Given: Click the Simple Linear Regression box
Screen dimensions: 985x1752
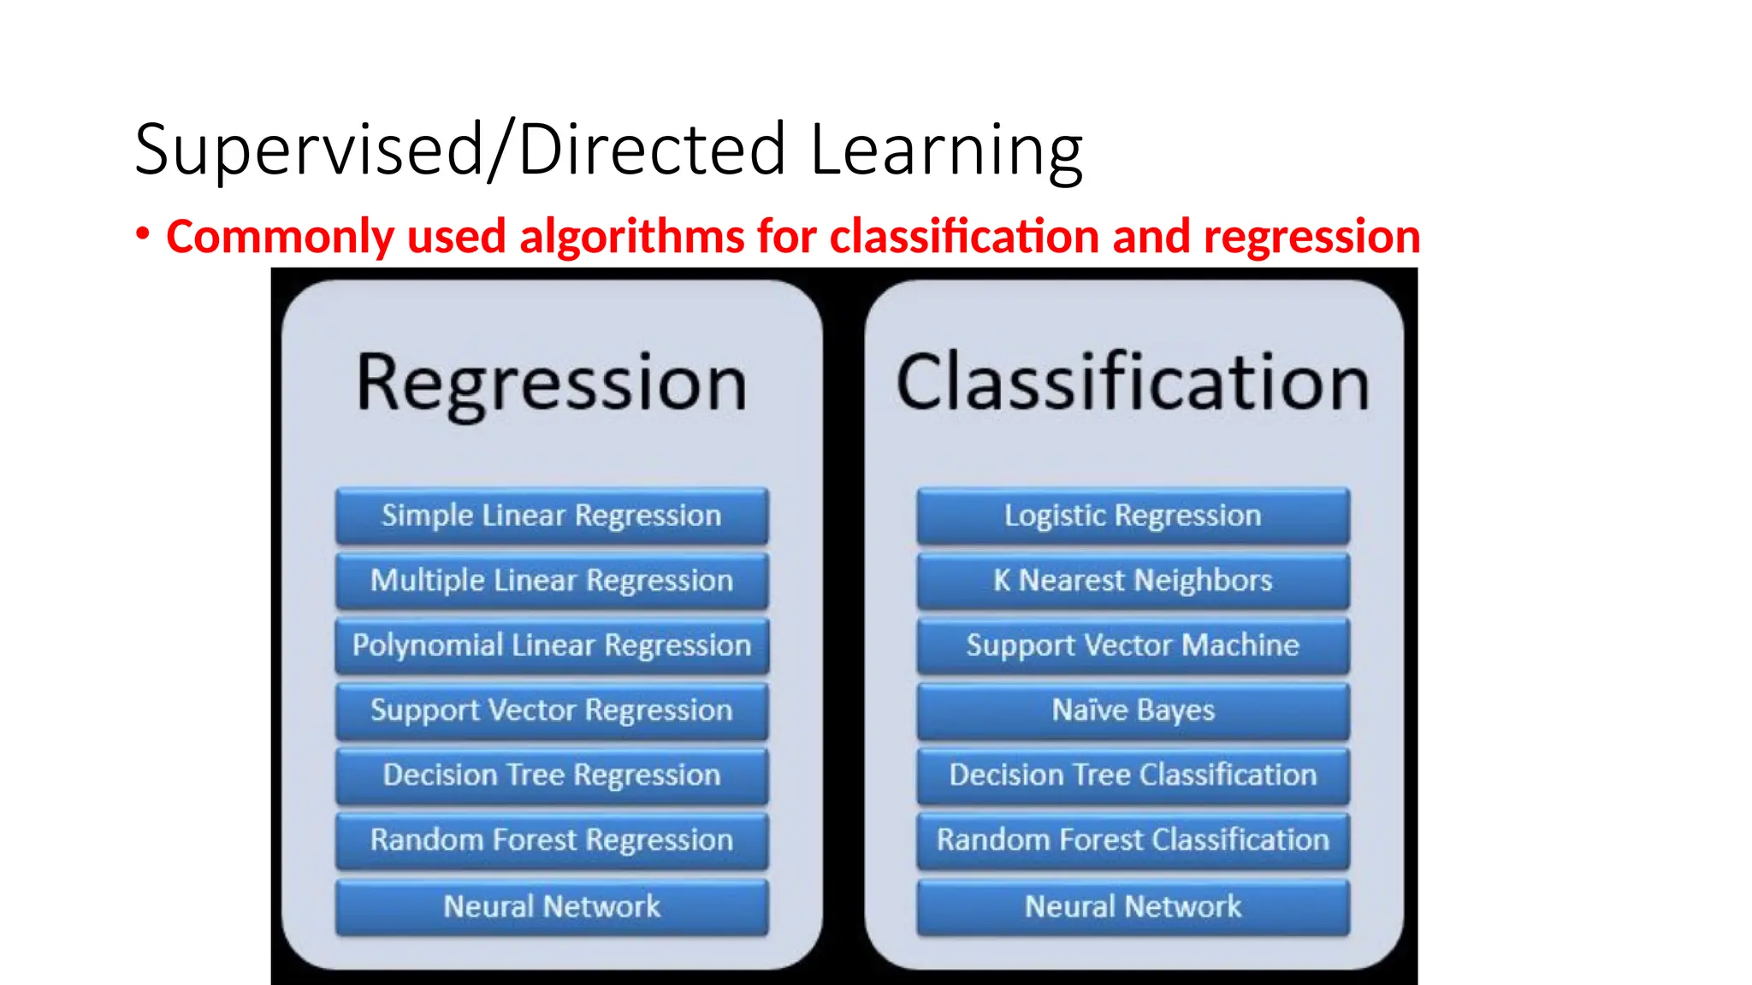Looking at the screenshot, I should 552,516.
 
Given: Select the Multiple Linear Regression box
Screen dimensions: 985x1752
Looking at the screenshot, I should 552,581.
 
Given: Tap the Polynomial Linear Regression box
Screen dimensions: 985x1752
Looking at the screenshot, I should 552,646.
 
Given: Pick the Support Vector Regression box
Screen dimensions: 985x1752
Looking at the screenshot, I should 552,711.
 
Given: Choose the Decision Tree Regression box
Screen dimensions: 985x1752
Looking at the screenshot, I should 552,776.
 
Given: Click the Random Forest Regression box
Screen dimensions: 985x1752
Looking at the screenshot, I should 552,840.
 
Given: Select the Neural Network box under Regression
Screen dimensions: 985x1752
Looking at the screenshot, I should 552,906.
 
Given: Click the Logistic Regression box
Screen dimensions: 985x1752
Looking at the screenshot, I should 1133,516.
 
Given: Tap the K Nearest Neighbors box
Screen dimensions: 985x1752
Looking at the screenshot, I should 1133,581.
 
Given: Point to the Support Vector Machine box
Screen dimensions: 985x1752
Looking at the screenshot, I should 1133,646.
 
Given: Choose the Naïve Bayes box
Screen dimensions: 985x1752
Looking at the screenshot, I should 1133,711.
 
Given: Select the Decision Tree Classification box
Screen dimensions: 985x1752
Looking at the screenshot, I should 1133,776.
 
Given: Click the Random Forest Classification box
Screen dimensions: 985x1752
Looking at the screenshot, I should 1133,840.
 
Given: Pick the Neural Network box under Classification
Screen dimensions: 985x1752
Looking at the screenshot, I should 1133,906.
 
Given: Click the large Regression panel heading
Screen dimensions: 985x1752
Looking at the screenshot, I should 552,384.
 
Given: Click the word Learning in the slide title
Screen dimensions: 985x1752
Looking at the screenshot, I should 946,150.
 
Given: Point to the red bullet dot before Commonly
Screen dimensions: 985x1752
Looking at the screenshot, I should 143,233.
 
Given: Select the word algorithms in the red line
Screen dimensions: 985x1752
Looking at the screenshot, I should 632,237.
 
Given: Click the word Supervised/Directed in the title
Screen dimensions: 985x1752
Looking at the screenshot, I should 460,150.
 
